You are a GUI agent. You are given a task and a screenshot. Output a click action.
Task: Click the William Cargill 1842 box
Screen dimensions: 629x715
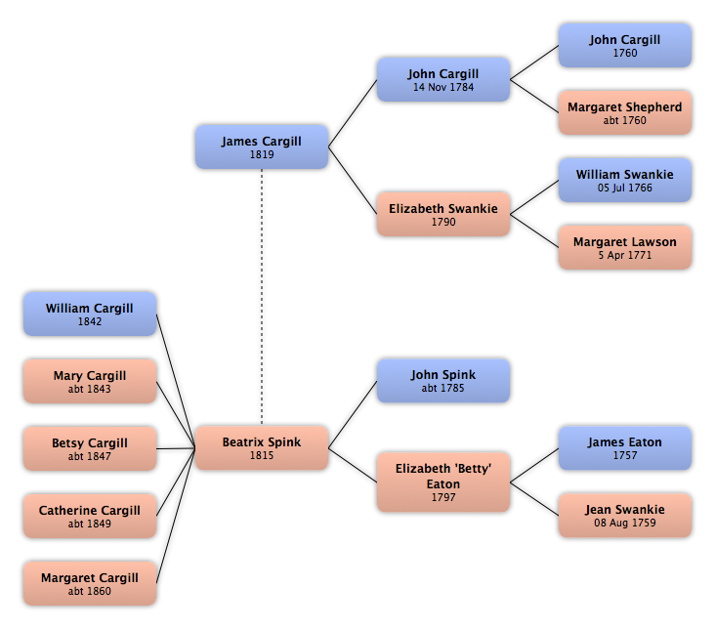point(90,314)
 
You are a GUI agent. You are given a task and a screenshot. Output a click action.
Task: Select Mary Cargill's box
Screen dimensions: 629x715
point(90,382)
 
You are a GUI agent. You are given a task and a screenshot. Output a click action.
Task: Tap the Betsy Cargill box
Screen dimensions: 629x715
point(90,449)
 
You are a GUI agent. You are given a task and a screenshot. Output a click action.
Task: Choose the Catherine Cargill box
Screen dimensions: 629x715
point(90,517)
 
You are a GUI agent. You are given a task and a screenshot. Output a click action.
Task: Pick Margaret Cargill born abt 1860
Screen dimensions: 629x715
point(90,584)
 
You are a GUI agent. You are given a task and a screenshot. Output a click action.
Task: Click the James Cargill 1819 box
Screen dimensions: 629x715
point(262,147)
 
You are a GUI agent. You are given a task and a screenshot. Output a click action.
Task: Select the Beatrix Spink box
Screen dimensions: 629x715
point(262,448)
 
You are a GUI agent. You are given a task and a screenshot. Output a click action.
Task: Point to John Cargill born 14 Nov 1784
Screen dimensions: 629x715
point(443,80)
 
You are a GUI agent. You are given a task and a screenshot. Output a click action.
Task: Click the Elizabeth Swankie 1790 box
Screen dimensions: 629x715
point(443,215)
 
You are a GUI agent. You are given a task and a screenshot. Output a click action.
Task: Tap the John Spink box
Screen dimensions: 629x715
point(443,381)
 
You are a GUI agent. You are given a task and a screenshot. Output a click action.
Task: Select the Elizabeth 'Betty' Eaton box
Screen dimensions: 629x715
point(443,482)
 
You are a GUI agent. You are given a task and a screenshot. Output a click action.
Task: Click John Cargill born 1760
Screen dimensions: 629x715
point(625,46)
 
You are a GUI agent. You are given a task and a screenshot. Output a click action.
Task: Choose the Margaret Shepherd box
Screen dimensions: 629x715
point(625,113)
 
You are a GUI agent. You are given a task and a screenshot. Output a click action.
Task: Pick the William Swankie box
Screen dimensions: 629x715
point(625,181)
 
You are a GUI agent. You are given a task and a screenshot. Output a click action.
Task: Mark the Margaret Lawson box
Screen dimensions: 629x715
point(625,248)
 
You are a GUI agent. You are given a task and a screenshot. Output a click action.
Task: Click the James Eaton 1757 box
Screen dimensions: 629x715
point(625,448)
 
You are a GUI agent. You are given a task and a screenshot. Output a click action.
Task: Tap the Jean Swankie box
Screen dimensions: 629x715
point(625,516)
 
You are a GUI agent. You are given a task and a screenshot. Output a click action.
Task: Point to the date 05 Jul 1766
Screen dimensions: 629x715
point(625,188)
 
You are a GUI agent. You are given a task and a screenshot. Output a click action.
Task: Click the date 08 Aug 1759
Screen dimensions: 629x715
point(625,523)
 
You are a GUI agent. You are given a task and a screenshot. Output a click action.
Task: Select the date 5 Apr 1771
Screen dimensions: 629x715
point(625,255)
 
